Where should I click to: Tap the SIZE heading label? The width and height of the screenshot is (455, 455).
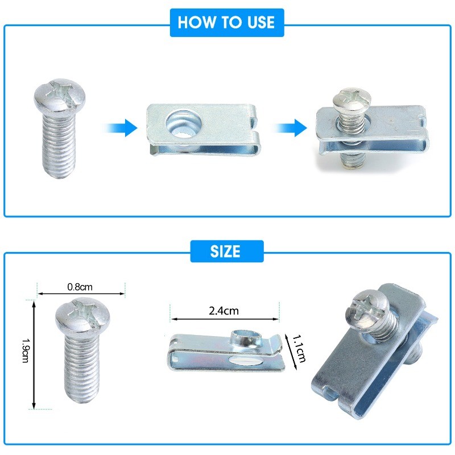click(225, 251)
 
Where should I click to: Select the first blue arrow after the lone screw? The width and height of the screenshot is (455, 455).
click(120, 127)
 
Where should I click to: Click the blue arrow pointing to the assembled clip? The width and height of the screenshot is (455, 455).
click(289, 127)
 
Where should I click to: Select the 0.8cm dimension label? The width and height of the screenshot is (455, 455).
click(80, 287)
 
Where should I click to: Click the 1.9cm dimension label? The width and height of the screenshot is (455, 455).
click(26, 350)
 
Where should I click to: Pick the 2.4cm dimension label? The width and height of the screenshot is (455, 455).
click(224, 311)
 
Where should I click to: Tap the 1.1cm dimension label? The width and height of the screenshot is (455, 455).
click(299, 349)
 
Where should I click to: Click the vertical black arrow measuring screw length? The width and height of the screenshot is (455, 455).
click(34, 355)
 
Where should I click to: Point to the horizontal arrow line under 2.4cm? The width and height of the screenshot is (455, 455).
click(225, 319)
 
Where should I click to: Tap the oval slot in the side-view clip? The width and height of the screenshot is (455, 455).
click(244, 361)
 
